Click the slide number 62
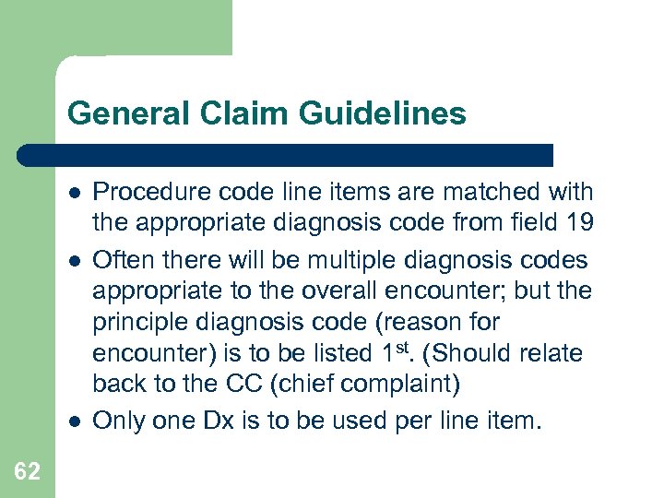[x=28, y=472]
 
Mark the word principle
[x=141, y=323]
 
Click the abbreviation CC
[x=264, y=386]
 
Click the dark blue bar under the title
[x=286, y=153]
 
